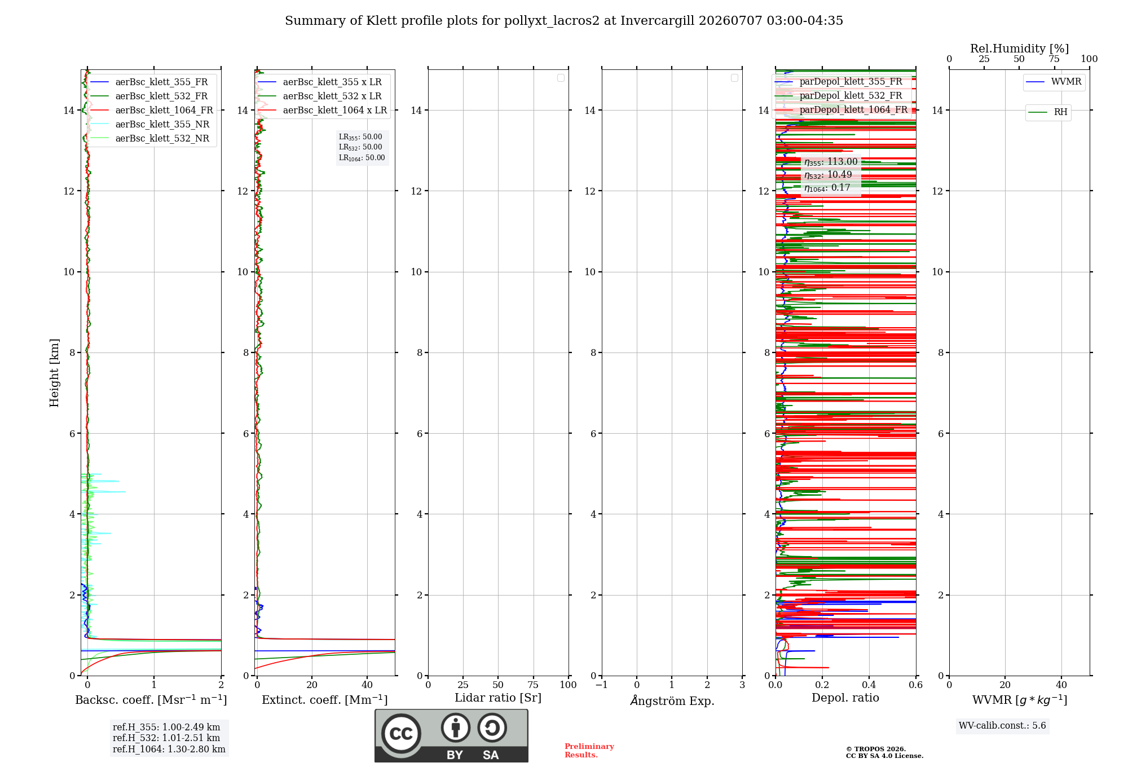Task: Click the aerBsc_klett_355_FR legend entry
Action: [x=149, y=82]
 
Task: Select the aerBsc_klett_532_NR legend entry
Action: [x=149, y=139]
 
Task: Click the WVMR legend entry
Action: [x=1054, y=82]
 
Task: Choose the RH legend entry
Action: [x=1048, y=112]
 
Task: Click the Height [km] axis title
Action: [x=54, y=373]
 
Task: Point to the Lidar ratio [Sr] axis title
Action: [x=498, y=698]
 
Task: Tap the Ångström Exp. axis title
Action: [x=672, y=700]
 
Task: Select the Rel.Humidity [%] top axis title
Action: [x=1019, y=49]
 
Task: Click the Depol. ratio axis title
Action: [x=845, y=698]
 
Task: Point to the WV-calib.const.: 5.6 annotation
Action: [x=1002, y=726]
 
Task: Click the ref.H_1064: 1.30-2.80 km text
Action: [x=169, y=750]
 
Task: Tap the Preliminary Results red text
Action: [x=589, y=751]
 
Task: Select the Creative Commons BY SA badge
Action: [x=451, y=736]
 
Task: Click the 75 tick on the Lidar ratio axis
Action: [x=533, y=685]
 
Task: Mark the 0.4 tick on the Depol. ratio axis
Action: [x=869, y=685]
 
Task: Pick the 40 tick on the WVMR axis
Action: [x=1061, y=685]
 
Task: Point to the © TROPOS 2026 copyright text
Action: [x=876, y=750]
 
